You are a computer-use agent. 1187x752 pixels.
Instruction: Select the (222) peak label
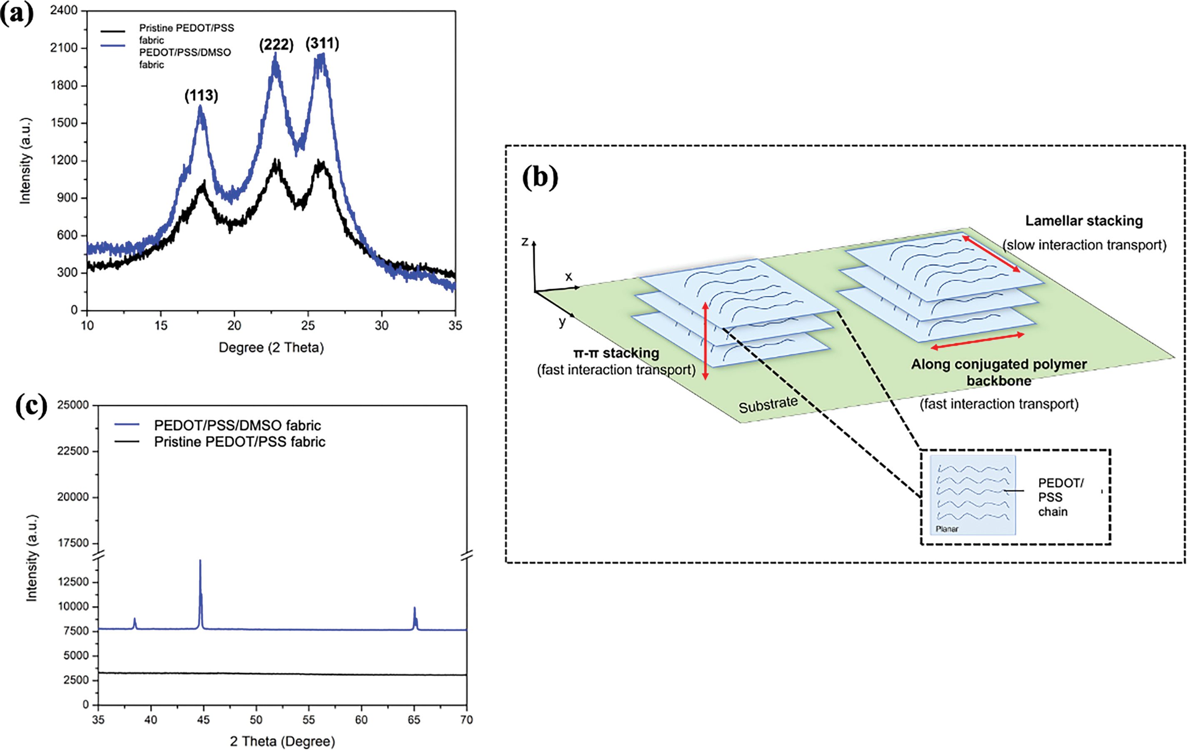tap(276, 45)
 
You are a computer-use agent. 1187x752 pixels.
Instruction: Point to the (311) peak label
tap(322, 43)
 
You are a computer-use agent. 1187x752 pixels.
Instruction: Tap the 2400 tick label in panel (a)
tap(64, 10)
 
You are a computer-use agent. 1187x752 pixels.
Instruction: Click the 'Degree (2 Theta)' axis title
tap(271, 347)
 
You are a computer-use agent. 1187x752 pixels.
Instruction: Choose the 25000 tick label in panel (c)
tap(72, 405)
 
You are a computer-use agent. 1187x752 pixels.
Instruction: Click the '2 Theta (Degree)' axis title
tap(282, 741)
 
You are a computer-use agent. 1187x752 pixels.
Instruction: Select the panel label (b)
tap(540, 177)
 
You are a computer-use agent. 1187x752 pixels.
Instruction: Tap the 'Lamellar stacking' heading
tap(1084, 221)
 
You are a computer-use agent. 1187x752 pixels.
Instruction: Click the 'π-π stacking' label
tap(616, 353)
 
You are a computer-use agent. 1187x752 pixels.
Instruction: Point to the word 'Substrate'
tap(768, 405)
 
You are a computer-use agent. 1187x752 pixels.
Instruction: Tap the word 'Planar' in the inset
tap(947, 529)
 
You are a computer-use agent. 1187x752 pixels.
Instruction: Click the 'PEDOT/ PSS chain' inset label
tap(1060, 497)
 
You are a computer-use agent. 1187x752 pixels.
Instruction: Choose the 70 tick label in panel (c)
tap(466, 720)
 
